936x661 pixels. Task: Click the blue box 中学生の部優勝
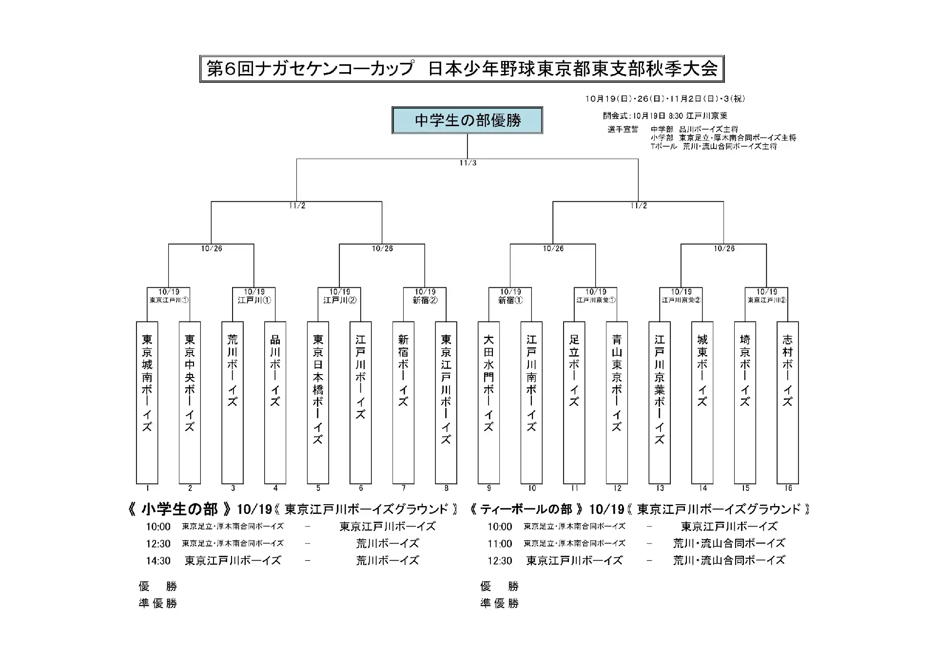click(x=467, y=120)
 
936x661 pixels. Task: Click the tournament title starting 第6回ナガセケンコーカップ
click(x=462, y=69)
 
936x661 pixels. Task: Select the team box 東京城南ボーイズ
click(x=147, y=402)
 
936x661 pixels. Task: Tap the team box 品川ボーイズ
click(x=275, y=402)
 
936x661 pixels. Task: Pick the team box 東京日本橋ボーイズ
click(x=318, y=402)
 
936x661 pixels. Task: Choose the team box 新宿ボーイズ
click(x=403, y=402)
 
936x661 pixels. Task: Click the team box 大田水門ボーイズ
click(x=488, y=402)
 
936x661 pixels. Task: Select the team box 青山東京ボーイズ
click(x=617, y=402)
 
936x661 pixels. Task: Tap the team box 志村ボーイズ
click(x=787, y=402)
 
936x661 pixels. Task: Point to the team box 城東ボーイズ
click(x=702, y=402)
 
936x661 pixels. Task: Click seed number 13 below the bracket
click(x=660, y=488)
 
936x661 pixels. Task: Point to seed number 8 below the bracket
click(x=446, y=488)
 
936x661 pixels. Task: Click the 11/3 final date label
click(x=468, y=163)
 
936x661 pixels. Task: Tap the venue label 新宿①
click(x=510, y=301)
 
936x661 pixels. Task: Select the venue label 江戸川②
click(x=340, y=301)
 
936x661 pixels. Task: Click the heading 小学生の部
click(x=179, y=510)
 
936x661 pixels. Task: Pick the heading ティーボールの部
click(x=526, y=510)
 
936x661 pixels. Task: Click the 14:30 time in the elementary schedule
click(x=158, y=561)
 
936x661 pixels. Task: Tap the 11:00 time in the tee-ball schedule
click(x=500, y=544)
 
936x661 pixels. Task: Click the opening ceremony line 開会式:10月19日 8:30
click(x=665, y=116)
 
